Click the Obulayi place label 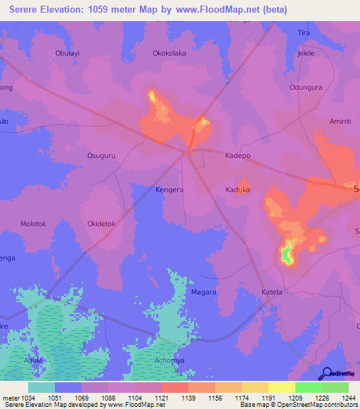coord(67,53)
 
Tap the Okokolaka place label coord(169,53)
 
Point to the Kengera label coord(169,190)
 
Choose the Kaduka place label coord(238,190)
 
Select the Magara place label coord(204,292)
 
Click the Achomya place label coord(169,360)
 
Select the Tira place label coord(304,33)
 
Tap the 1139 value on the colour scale coord(188,398)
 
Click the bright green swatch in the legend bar coord(308,387)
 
